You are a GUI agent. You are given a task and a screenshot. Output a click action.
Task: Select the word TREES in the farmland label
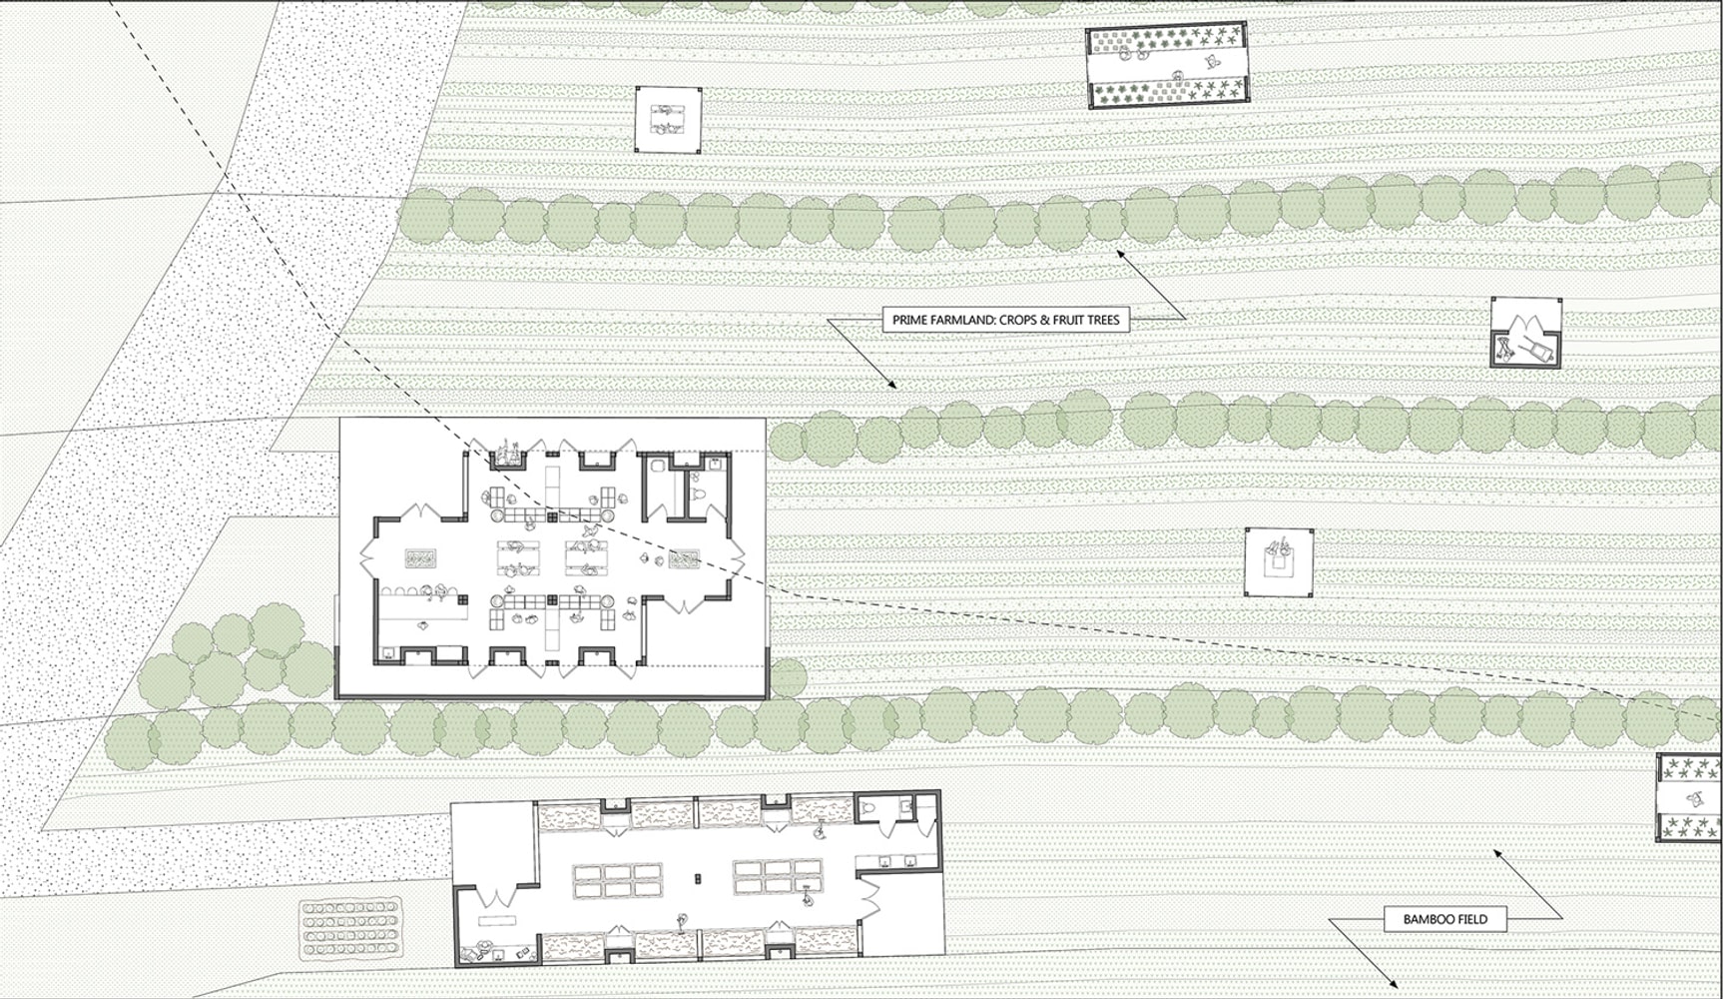tap(1102, 321)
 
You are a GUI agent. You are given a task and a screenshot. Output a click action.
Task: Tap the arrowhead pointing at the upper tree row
tap(1122, 254)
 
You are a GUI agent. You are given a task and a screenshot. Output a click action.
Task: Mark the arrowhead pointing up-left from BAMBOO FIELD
tap(1498, 853)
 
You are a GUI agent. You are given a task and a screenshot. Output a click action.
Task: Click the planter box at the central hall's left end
tap(422, 557)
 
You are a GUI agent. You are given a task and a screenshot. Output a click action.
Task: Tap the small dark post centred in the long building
tap(698, 879)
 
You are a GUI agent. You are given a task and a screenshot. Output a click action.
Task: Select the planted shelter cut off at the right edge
tap(1689, 797)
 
